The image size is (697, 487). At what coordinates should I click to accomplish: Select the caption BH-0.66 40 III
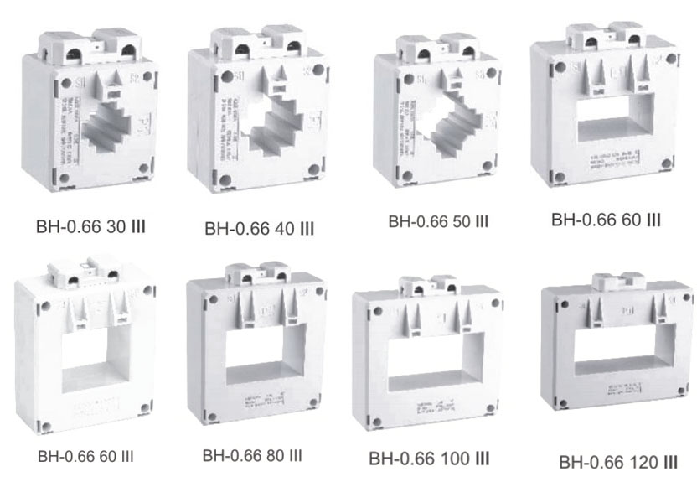coord(260,228)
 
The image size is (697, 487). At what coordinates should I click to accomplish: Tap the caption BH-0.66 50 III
coord(438,222)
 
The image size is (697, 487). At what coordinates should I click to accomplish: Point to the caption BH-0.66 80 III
coord(252,456)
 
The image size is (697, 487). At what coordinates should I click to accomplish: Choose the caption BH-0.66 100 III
coord(429,459)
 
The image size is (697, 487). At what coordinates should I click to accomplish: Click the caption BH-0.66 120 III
coord(618,462)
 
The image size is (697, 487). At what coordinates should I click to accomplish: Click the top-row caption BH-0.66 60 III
coord(606,220)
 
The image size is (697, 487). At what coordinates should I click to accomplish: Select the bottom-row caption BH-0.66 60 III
coord(85,457)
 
